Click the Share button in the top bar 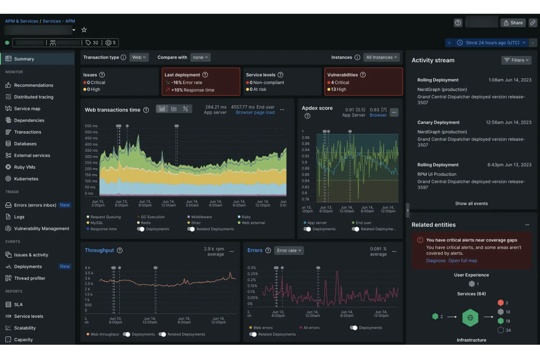click(513, 23)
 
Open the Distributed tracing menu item click(34, 97)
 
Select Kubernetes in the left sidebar click(26, 179)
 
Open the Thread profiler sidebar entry click(30, 278)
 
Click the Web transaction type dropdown click(139, 57)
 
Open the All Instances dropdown click(381, 57)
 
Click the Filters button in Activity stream click(516, 60)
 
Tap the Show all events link click(471, 204)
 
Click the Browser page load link click(255, 113)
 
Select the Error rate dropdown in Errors click(289, 251)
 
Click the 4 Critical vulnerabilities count click(340, 83)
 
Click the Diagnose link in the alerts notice click(436, 261)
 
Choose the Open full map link click(463, 261)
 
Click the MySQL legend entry click(97, 223)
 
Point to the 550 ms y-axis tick click(91, 126)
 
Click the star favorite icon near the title click(84, 30)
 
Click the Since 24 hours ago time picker click(492, 43)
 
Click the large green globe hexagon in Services click(470, 318)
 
